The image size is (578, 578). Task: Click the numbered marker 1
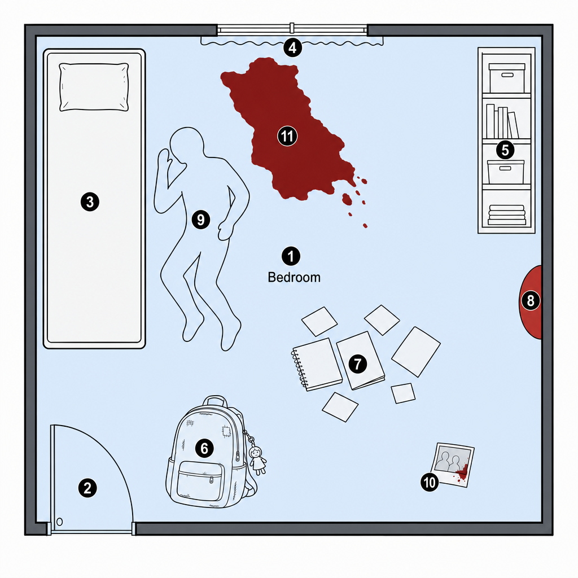tap(291, 256)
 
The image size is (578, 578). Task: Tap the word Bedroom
tap(294, 278)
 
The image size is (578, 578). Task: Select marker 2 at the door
tap(87, 488)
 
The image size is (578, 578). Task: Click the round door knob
tap(60, 522)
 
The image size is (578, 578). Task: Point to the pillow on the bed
tap(94, 87)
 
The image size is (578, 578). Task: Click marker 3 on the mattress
tap(90, 202)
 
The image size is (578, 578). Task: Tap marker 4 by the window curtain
tap(292, 48)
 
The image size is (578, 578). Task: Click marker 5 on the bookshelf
tap(505, 150)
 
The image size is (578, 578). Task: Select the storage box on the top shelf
tap(507, 77)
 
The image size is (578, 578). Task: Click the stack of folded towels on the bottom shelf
tap(507, 215)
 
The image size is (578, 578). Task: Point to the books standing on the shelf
tap(502, 121)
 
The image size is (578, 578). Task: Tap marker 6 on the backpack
tap(204, 448)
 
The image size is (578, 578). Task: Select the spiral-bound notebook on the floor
tap(317, 365)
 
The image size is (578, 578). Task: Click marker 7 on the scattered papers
tap(357, 364)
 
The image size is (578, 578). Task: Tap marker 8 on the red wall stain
tap(531, 300)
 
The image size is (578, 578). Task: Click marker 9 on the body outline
tap(201, 220)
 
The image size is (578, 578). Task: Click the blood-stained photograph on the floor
tap(452, 465)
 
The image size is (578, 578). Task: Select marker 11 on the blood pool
tap(287, 136)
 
